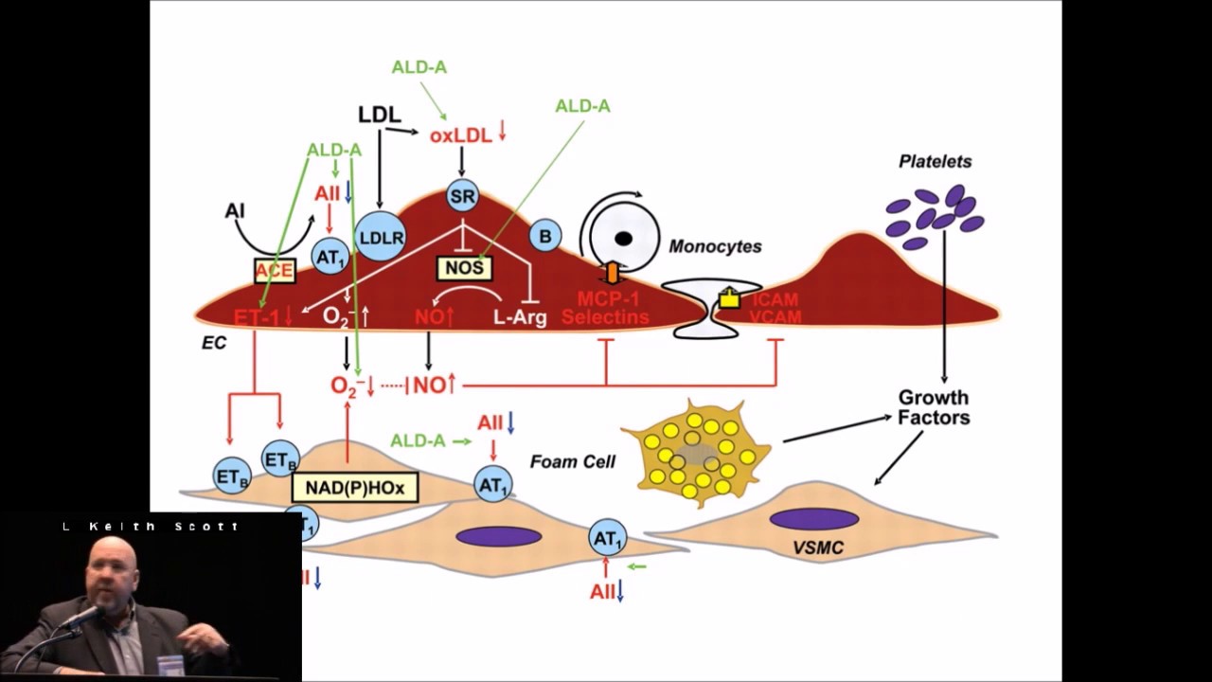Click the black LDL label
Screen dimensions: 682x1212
[x=379, y=115]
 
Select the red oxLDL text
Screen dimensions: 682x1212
[x=460, y=135]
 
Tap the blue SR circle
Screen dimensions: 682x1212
[x=462, y=197]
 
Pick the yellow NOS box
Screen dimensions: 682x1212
[x=464, y=268]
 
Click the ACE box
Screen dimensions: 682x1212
[x=275, y=272]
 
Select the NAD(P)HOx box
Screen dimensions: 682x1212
[x=355, y=488]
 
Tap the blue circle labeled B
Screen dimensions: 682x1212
[x=545, y=236]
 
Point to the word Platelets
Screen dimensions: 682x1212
[x=935, y=162]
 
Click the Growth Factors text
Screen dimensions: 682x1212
[x=934, y=407]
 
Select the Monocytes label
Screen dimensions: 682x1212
[x=715, y=246]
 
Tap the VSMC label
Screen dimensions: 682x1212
[x=817, y=547]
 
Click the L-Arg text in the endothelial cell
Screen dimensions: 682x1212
[x=520, y=317]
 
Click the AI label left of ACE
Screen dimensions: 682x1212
[x=235, y=210]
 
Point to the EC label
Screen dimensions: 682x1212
[x=214, y=343]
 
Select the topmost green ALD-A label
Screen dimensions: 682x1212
[x=419, y=67]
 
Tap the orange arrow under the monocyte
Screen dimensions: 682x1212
[x=612, y=274]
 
